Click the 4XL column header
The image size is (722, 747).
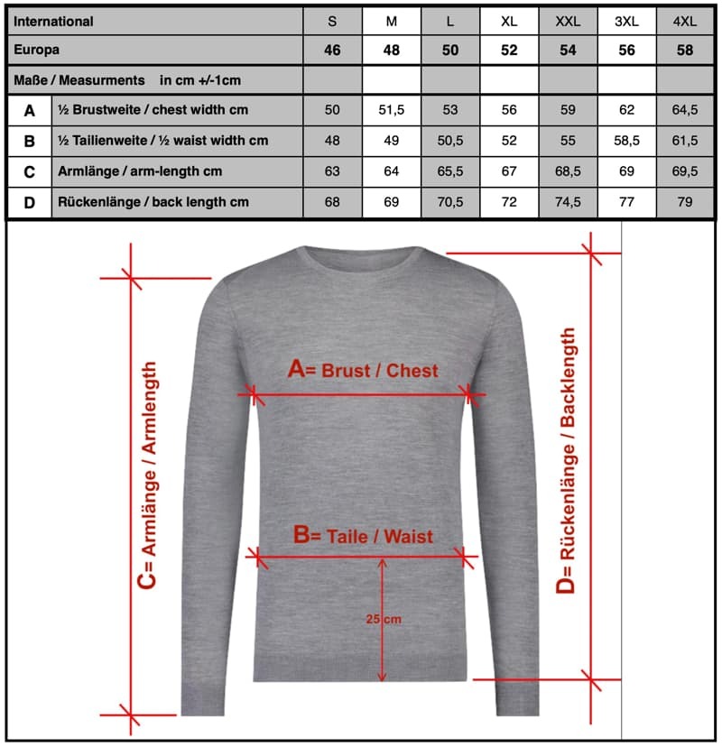click(685, 22)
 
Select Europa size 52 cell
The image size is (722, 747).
click(509, 51)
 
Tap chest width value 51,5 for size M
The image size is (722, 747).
click(391, 110)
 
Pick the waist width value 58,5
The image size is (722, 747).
click(626, 141)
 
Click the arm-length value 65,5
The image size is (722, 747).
click(449, 171)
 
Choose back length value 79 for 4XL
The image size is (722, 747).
click(685, 202)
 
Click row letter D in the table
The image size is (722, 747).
click(30, 202)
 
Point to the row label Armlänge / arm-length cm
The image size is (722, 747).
click(140, 171)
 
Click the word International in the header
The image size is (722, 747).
click(54, 22)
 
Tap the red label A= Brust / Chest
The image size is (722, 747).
click(362, 370)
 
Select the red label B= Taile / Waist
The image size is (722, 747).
click(363, 535)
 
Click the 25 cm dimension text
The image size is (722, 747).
click(384, 619)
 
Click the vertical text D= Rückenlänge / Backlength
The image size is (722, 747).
click(566, 460)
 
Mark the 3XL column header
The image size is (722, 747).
click(626, 22)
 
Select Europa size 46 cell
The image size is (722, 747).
click(332, 51)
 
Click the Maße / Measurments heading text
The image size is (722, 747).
click(79, 80)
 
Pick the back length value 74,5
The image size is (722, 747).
click(568, 202)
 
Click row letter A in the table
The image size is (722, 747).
click(30, 110)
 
